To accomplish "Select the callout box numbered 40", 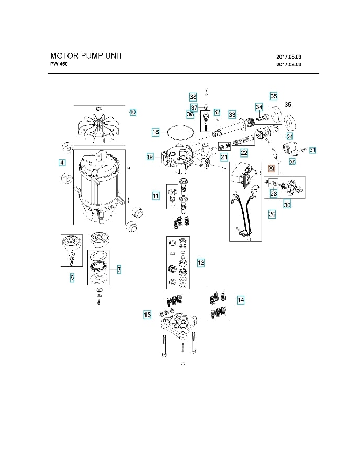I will click(132, 112).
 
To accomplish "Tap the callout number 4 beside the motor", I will click(62, 163).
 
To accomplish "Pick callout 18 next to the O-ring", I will click(155, 132).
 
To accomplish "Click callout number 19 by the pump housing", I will click(150, 156).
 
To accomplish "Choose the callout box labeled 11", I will click(155, 196).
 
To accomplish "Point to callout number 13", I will click(201, 263).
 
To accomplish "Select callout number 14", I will click(241, 300).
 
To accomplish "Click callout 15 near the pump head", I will click(148, 315).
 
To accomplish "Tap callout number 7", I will click(119, 270).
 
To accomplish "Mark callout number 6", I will click(72, 277).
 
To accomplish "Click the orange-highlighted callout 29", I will click(271, 169).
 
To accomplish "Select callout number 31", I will click(313, 150).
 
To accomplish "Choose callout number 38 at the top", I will click(193, 97).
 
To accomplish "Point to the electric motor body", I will click(99, 183).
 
